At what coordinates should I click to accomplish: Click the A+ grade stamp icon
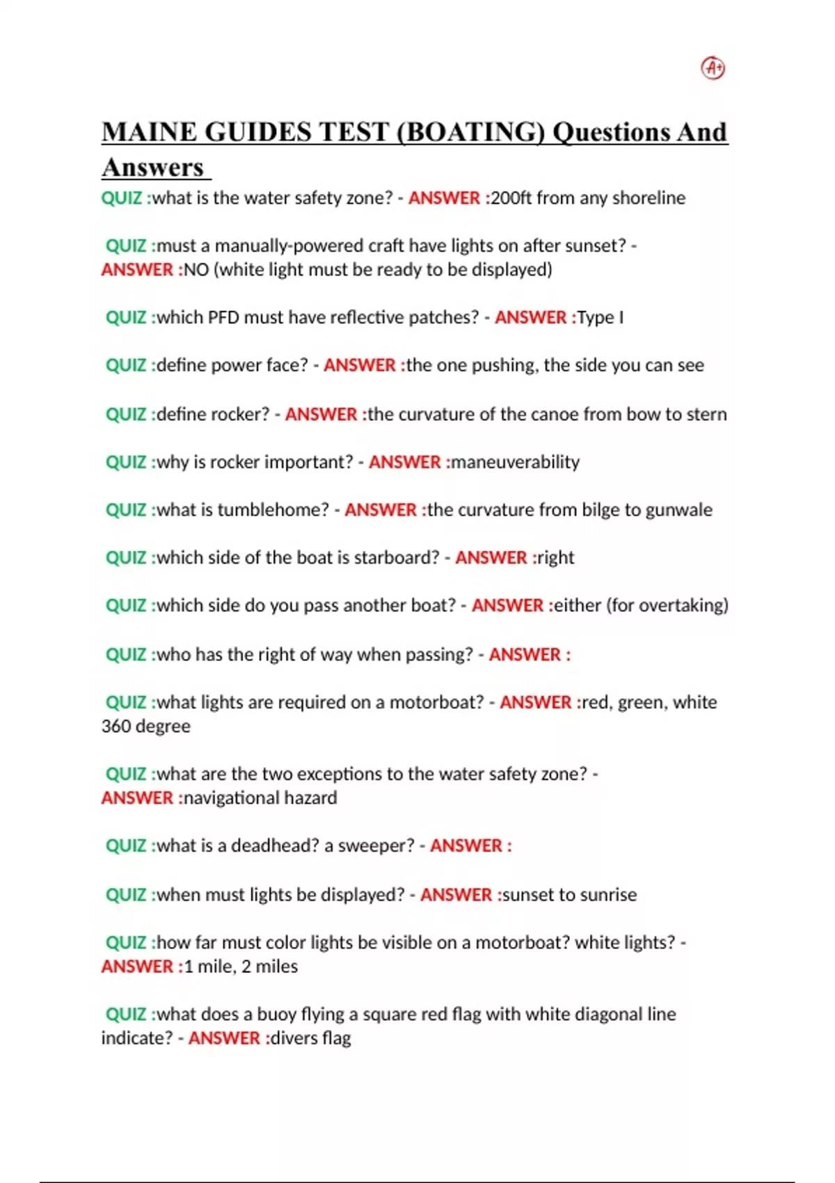[713, 68]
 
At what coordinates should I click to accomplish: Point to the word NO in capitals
[196, 270]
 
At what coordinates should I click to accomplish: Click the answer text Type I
[600, 318]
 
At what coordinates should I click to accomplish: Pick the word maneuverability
[515, 462]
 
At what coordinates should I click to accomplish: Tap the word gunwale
[678, 510]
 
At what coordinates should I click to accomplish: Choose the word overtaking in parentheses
[681, 605]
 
